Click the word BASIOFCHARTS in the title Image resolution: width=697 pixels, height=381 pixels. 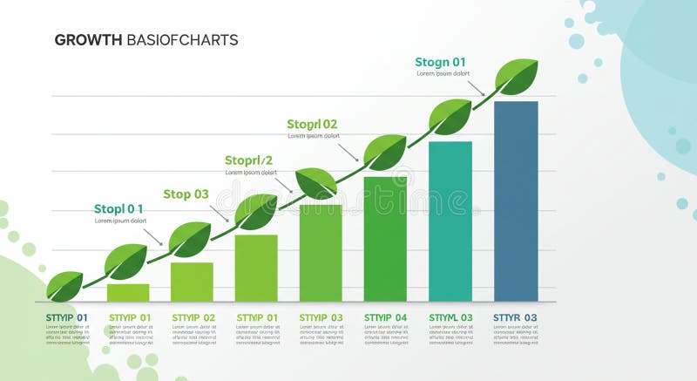[x=182, y=40]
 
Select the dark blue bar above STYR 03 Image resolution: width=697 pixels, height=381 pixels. [x=516, y=201]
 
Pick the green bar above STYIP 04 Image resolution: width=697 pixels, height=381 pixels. [x=385, y=239]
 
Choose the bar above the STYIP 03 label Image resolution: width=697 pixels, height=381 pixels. [x=321, y=253]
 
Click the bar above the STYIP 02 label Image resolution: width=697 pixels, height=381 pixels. [x=192, y=281]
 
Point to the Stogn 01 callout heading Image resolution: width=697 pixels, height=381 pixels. [x=440, y=62]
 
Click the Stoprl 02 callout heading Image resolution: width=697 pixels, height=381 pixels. [x=312, y=125]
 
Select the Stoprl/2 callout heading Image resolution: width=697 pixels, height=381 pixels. [x=248, y=160]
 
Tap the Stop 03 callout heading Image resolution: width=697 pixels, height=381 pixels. [x=186, y=194]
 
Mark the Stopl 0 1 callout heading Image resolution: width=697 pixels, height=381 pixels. [x=118, y=209]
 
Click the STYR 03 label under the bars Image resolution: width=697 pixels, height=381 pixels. [x=515, y=317]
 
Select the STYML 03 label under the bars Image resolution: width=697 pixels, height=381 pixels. [x=450, y=317]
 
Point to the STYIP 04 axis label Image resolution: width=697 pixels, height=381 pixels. [x=385, y=317]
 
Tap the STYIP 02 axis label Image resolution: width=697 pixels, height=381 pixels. [x=193, y=317]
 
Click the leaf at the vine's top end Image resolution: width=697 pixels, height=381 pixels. [x=518, y=77]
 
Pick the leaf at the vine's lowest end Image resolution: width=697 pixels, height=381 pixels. [x=64, y=285]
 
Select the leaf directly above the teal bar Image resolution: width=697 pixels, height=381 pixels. [x=450, y=116]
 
